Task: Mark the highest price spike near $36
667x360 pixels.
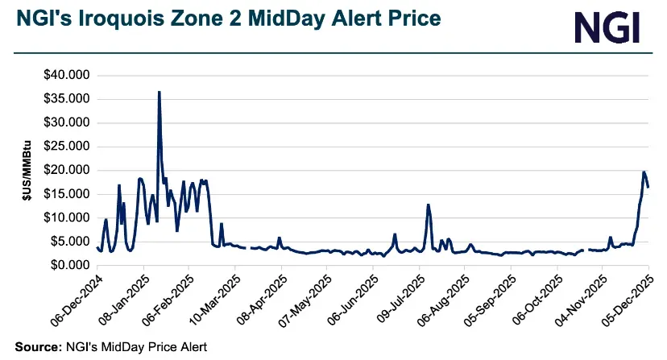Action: point(159,93)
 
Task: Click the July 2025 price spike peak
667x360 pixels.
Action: point(429,205)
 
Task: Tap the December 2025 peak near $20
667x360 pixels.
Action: point(644,172)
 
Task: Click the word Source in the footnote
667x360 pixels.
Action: point(34,347)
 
